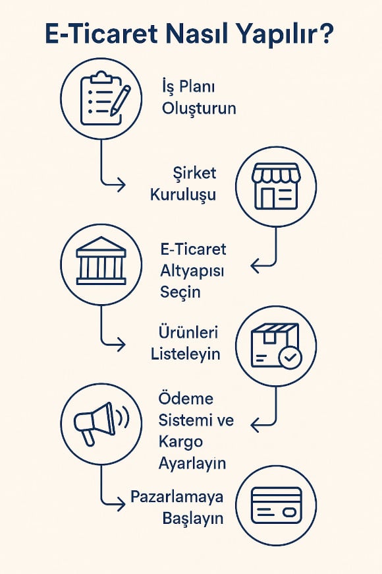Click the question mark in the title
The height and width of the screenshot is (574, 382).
[x=323, y=34]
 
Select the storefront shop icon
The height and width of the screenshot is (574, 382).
[x=276, y=186]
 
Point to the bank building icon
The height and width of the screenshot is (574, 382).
[x=101, y=260]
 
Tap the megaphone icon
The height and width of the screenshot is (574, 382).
[x=101, y=424]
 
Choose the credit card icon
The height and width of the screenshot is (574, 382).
[x=277, y=505]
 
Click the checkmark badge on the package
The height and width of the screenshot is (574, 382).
[x=290, y=358]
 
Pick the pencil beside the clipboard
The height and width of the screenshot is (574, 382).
[x=121, y=101]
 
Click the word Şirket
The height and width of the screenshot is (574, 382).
[x=194, y=173]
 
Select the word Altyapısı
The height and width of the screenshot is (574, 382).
[x=192, y=271]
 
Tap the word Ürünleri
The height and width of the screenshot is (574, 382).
[x=188, y=332]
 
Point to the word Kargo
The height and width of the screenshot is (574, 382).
[x=180, y=442]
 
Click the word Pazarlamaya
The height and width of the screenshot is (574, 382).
[x=177, y=497]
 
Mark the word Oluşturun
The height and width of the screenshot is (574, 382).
[x=199, y=109]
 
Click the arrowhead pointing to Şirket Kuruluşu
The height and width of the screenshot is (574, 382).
[x=121, y=184]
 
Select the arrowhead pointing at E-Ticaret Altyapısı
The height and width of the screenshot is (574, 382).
[x=256, y=265]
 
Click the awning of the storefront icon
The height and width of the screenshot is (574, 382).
[x=276, y=173]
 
